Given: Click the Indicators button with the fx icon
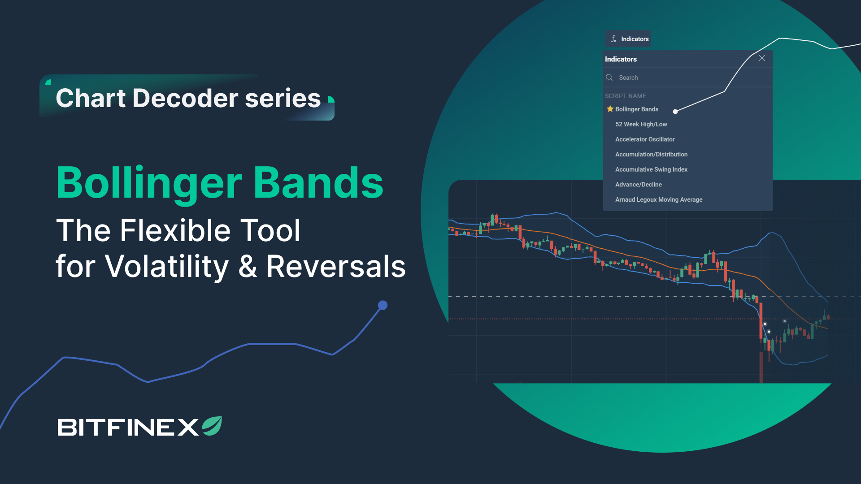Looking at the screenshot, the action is (628, 39).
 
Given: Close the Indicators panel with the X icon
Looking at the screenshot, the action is (762, 58).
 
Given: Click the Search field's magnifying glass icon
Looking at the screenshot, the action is (609, 78).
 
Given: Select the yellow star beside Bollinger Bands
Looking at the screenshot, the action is (610, 109).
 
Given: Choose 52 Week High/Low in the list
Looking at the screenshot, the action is (641, 124).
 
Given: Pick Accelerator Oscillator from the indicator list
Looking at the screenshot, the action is (645, 139).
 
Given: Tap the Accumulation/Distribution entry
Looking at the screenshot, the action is (651, 155).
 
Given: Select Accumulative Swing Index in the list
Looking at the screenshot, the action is (651, 169).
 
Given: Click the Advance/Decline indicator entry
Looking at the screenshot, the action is (639, 185).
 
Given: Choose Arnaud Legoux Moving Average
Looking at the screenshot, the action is (659, 200).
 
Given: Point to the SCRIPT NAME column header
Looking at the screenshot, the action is (626, 96).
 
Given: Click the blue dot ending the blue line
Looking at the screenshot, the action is (383, 305).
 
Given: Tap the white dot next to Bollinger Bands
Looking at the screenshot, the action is (675, 112).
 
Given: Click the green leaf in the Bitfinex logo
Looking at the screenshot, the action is (212, 426).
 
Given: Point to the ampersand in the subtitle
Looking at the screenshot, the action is (248, 266).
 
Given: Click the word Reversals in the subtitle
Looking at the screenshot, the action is (336, 266).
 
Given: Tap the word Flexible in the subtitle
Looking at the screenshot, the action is (175, 230).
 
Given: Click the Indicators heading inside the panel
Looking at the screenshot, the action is (621, 59).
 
